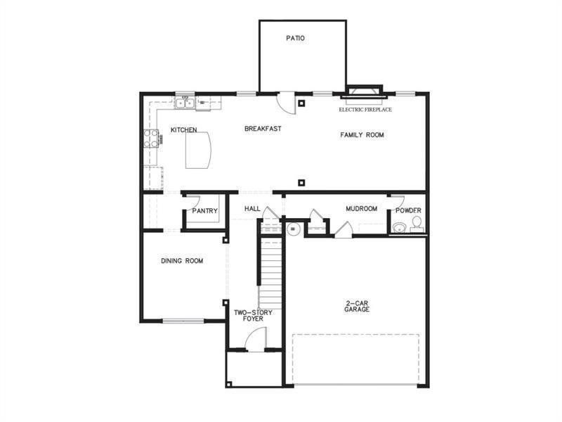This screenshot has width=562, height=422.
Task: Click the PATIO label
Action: tap(296, 38)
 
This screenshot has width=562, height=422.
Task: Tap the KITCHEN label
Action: tap(183, 130)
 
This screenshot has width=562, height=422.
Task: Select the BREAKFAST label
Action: tap(263, 129)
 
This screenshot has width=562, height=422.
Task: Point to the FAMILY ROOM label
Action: tap(362, 134)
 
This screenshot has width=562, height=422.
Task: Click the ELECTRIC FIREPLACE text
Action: tap(365, 110)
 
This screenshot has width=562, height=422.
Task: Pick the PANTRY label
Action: tap(204, 211)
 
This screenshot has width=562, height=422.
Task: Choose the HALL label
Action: tap(253, 210)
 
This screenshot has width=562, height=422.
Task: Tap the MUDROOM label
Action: tap(361, 209)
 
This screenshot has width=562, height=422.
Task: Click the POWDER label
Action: tap(408, 210)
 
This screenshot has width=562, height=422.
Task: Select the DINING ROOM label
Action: tap(182, 261)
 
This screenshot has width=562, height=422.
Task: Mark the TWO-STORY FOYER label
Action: tap(249, 316)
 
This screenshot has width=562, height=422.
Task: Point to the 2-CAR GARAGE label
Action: tap(357, 306)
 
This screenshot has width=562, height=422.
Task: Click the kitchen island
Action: tap(199, 150)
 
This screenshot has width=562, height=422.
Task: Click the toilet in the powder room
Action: tap(416, 223)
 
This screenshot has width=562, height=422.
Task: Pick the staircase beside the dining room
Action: tap(270, 271)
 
